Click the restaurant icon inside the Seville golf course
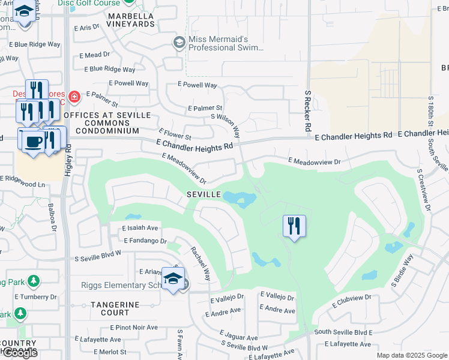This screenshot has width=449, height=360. pyautogui.click(x=294, y=226)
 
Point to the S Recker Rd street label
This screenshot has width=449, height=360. pyautogui.click(x=307, y=112)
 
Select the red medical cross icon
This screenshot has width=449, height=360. pyautogui.click(x=74, y=96)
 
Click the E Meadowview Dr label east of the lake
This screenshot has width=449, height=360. pyautogui.click(x=314, y=161)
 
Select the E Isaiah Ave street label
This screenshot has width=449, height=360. pyautogui.click(x=140, y=228)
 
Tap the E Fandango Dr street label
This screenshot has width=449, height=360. pyautogui.click(x=145, y=241)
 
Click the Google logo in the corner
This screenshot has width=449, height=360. pyautogui.click(x=20, y=353)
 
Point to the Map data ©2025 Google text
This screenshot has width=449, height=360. pyautogui.click(x=412, y=355)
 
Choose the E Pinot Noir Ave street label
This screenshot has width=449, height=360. pyautogui.click(x=133, y=328)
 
